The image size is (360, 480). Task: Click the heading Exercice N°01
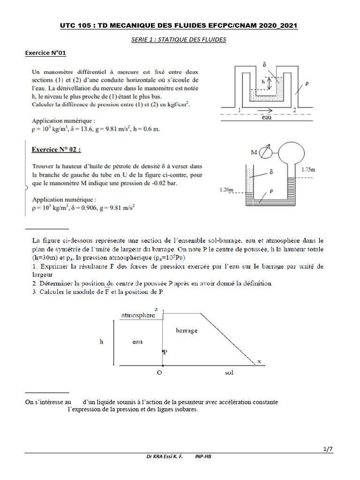45,53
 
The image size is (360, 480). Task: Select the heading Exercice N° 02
56,150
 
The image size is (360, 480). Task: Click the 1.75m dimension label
308,169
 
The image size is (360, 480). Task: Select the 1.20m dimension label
227,190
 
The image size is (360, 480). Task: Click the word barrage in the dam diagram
187,330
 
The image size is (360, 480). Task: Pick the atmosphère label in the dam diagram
138,315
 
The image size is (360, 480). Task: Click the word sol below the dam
228,373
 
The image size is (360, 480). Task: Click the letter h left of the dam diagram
101,342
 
